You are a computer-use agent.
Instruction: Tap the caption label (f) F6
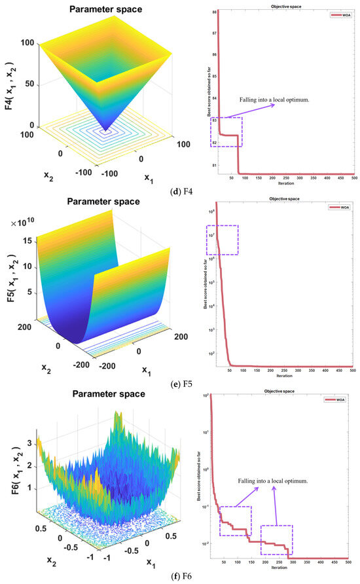[x=180, y=576]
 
